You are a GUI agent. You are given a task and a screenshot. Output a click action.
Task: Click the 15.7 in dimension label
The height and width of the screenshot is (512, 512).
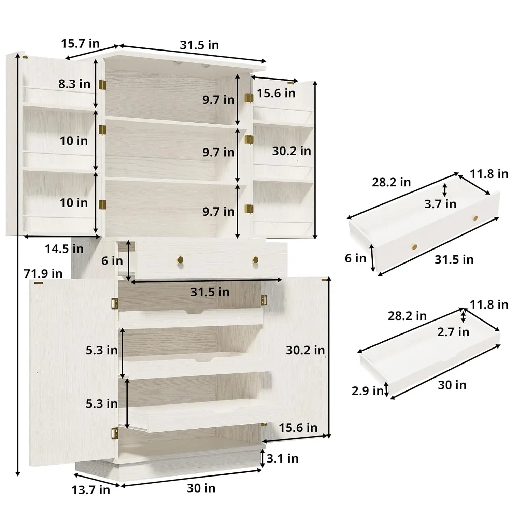pyautogui.click(x=80, y=44)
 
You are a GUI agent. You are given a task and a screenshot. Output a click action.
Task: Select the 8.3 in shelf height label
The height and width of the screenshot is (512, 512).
pyautogui.click(x=74, y=84)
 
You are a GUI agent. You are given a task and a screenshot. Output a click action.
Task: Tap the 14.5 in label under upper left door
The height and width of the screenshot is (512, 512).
pyautogui.click(x=64, y=249)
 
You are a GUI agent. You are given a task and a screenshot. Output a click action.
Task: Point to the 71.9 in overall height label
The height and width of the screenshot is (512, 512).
pyautogui.click(x=43, y=273)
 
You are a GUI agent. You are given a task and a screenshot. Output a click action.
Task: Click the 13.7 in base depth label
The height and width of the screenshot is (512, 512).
pyautogui.click(x=91, y=490)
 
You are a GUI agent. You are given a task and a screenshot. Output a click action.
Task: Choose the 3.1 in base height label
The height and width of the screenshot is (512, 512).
pyautogui.click(x=282, y=458)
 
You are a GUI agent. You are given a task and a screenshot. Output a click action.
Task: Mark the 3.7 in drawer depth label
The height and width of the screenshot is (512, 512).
pyautogui.click(x=440, y=204)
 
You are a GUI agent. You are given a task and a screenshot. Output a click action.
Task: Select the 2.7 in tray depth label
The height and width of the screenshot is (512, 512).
pyautogui.click(x=453, y=332)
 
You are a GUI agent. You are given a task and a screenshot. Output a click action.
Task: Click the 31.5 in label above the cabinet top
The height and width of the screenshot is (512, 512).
pyautogui.click(x=199, y=45)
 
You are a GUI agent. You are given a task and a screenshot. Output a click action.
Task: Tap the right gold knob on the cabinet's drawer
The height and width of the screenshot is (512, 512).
pyautogui.click(x=255, y=260)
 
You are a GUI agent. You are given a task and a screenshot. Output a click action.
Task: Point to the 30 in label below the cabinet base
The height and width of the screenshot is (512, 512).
pyautogui.click(x=201, y=488)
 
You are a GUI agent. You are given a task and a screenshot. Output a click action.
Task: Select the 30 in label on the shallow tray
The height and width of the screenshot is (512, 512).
pyautogui.click(x=452, y=385)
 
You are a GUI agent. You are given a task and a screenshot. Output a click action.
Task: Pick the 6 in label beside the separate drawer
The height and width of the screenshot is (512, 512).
pyautogui.click(x=355, y=258)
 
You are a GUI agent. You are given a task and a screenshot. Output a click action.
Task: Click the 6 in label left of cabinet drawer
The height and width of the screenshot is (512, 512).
pyautogui.click(x=112, y=261)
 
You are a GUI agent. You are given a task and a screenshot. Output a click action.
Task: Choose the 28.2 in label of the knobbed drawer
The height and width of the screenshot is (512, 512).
pyautogui.click(x=391, y=182)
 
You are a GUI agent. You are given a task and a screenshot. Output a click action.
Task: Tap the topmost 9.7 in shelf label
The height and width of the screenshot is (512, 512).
pyautogui.click(x=218, y=100)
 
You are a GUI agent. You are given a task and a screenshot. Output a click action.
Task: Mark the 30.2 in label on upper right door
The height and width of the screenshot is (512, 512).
pyautogui.click(x=291, y=151)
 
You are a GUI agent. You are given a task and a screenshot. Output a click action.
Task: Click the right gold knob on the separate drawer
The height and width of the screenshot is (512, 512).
pyautogui.click(x=475, y=218)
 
